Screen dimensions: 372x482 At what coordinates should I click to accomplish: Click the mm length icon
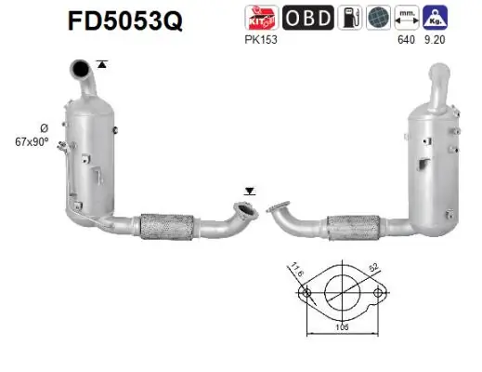[406, 18]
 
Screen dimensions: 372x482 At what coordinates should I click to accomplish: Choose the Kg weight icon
[434, 18]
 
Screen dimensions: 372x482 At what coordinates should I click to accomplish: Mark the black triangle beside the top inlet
[102, 64]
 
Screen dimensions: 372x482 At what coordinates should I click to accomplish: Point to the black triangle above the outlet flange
[249, 190]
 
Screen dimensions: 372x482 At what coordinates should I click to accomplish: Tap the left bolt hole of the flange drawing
[304, 294]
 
